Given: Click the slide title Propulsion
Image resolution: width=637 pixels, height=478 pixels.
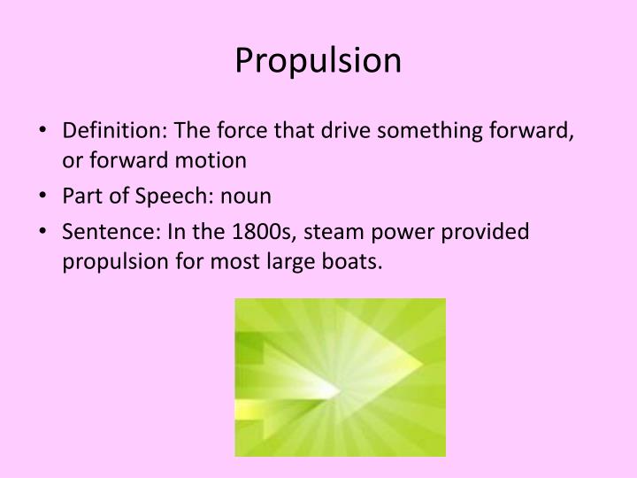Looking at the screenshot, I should point(318,60).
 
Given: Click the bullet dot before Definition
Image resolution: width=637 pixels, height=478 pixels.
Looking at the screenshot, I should point(44,134).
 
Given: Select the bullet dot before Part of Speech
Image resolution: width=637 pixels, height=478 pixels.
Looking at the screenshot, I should point(44,197).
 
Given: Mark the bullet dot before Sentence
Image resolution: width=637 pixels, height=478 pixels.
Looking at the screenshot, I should point(44,232).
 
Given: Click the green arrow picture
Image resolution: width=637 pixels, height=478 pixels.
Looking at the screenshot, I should point(340,376).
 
